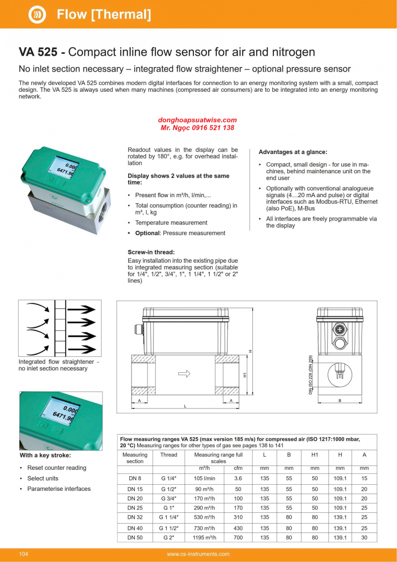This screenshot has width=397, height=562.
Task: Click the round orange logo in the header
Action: point(37,15)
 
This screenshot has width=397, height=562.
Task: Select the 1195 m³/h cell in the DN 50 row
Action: point(205,538)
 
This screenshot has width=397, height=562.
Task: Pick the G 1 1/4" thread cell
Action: point(169,518)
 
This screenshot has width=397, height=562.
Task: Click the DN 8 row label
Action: point(135,478)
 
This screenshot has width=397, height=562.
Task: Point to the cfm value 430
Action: point(238,528)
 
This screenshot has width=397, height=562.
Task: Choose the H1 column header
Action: point(315,455)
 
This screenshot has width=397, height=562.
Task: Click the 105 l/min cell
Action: point(205,478)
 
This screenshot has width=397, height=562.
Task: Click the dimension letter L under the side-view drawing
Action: point(185,407)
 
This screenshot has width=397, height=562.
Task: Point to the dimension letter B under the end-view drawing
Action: point(340,401)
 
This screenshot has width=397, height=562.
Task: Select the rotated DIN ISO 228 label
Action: point(311,375)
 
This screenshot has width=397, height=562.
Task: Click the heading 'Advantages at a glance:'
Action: point(293,152)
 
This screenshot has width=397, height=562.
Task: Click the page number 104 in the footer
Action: point(23,554)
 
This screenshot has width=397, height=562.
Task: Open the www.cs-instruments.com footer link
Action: point(198,554)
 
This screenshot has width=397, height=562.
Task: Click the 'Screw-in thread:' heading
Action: point(151,252)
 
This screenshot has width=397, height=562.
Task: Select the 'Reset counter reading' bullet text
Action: point(57,468)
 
